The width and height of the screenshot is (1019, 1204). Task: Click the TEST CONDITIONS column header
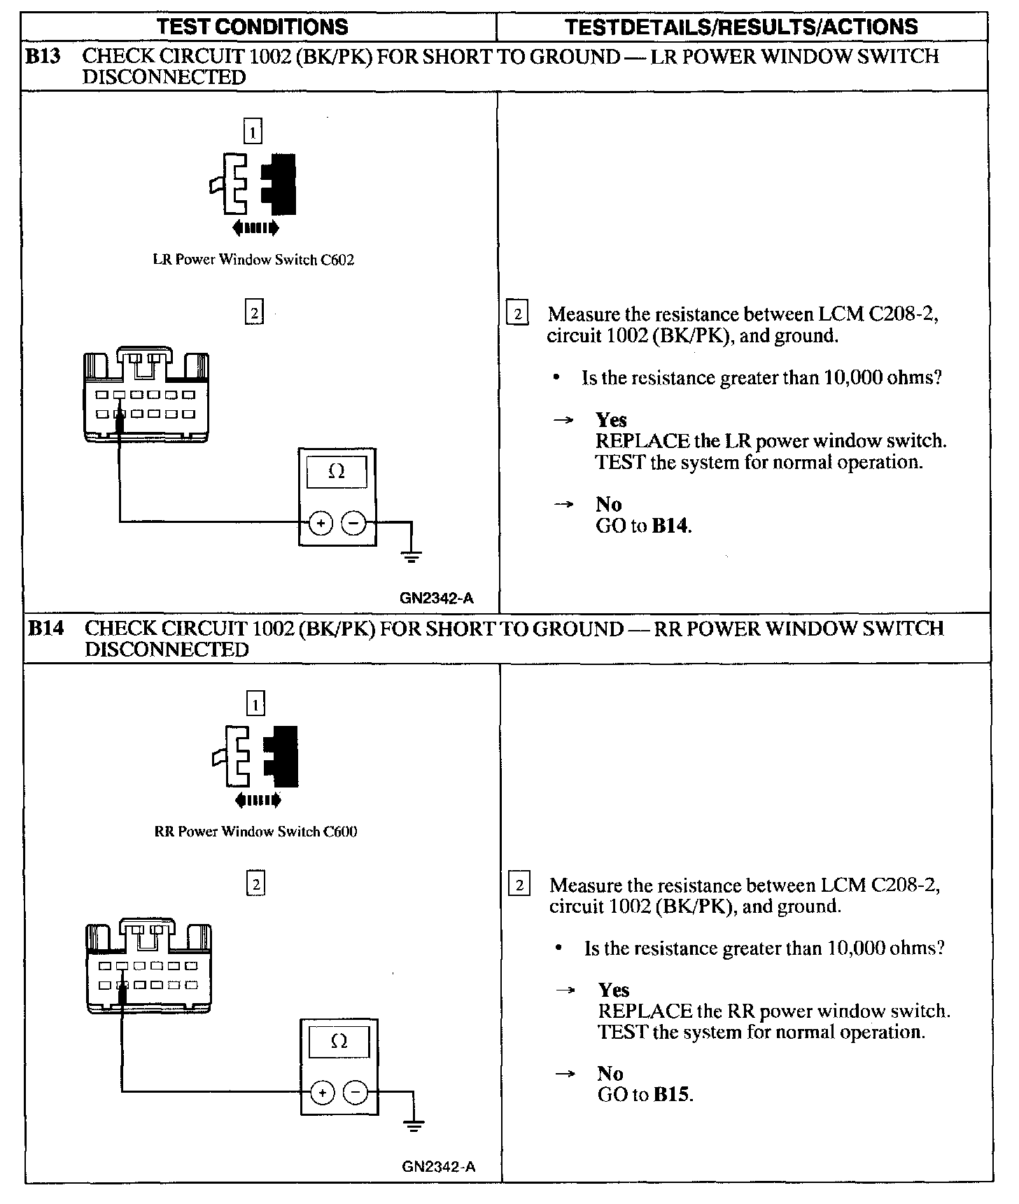tap(253, 27)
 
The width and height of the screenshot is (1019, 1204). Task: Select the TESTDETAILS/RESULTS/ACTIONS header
tap(741, 27)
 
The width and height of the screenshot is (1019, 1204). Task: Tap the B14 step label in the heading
tap(45, 629)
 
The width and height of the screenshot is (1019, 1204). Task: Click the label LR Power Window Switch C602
tap(253, 260)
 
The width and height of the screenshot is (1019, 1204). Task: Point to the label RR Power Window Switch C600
tap(255, 832)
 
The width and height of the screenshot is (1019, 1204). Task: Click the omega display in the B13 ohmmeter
tap(337, 472)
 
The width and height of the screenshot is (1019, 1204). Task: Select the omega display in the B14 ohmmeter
tap(339, 1042)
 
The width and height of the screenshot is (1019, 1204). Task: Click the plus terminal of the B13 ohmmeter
tap(321, 522)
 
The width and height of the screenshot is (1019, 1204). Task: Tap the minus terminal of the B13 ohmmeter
tap(353, 522)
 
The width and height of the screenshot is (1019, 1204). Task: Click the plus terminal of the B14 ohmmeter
tap(322, 1092)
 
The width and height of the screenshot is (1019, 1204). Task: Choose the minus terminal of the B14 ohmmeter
tap(356, 1092)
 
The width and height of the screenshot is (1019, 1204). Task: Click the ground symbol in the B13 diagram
tap(412, 558)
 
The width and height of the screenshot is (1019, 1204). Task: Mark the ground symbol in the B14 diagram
tap(414, 1126)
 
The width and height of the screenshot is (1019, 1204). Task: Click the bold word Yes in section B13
tap(611, 420)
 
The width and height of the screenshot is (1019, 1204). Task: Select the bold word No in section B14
tap(610, 1074)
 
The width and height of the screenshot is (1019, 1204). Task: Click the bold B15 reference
tap(672, 1095)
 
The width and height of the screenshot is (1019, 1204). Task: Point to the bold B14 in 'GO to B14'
tap(670, 526)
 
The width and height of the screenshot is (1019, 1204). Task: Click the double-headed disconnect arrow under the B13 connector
tap(255, 227)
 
